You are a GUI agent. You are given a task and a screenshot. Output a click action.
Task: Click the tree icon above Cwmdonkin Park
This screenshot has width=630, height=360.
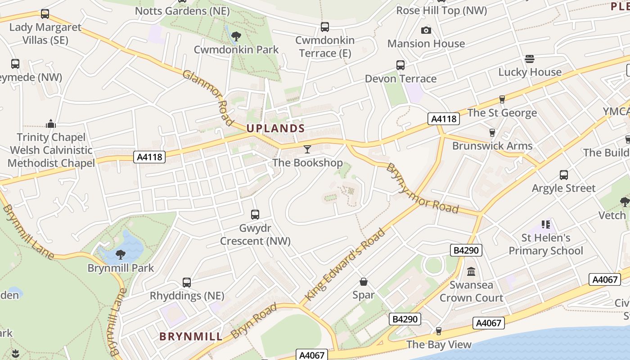[x=236, y=36]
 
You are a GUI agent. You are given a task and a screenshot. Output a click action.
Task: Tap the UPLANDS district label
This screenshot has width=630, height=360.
[x=276, y=128]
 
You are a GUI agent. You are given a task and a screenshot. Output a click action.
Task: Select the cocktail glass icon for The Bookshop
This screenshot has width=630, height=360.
[x=307, y=149]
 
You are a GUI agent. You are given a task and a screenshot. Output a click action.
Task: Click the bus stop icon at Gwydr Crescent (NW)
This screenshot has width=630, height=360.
[x=255, y=215]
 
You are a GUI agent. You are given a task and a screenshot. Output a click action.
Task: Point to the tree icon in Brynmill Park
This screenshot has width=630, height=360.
[x=121, y=254]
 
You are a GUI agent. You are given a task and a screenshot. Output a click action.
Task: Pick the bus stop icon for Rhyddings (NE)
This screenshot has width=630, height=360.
[x=187, y=283]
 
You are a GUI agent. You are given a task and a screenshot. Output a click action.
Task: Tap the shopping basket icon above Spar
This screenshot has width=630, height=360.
[x=364, y=282]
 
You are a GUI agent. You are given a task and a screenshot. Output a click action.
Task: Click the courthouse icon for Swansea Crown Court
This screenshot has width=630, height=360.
[x=471, y=271]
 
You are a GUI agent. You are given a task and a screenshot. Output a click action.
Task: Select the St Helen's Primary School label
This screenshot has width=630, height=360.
[x=546, y=244]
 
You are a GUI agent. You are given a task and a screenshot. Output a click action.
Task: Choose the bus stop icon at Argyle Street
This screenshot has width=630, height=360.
[x=563, y=175]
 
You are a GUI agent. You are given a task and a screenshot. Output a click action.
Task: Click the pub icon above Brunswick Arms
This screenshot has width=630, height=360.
[x=492, y=132]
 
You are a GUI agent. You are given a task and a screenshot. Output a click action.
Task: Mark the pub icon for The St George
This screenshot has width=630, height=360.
[x=502, y=99]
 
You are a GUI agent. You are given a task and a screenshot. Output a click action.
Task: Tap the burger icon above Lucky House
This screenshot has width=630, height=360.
[x=530, y=58]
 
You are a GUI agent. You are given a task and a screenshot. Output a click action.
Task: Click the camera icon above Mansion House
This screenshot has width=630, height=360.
[x=426, y=30]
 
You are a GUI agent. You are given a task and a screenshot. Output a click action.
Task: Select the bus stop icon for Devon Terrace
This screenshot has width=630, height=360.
[x=400, y=65]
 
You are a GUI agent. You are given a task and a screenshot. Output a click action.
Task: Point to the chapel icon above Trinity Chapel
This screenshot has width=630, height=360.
[x=51, y=124]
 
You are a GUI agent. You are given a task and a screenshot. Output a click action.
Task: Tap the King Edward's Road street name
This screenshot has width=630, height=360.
[x=346, y=265]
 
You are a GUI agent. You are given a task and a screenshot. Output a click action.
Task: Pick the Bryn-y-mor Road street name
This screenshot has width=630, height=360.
[x=422, y=189]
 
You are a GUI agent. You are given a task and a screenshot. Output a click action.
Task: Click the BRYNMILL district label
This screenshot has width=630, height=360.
[x=191, y=337]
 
